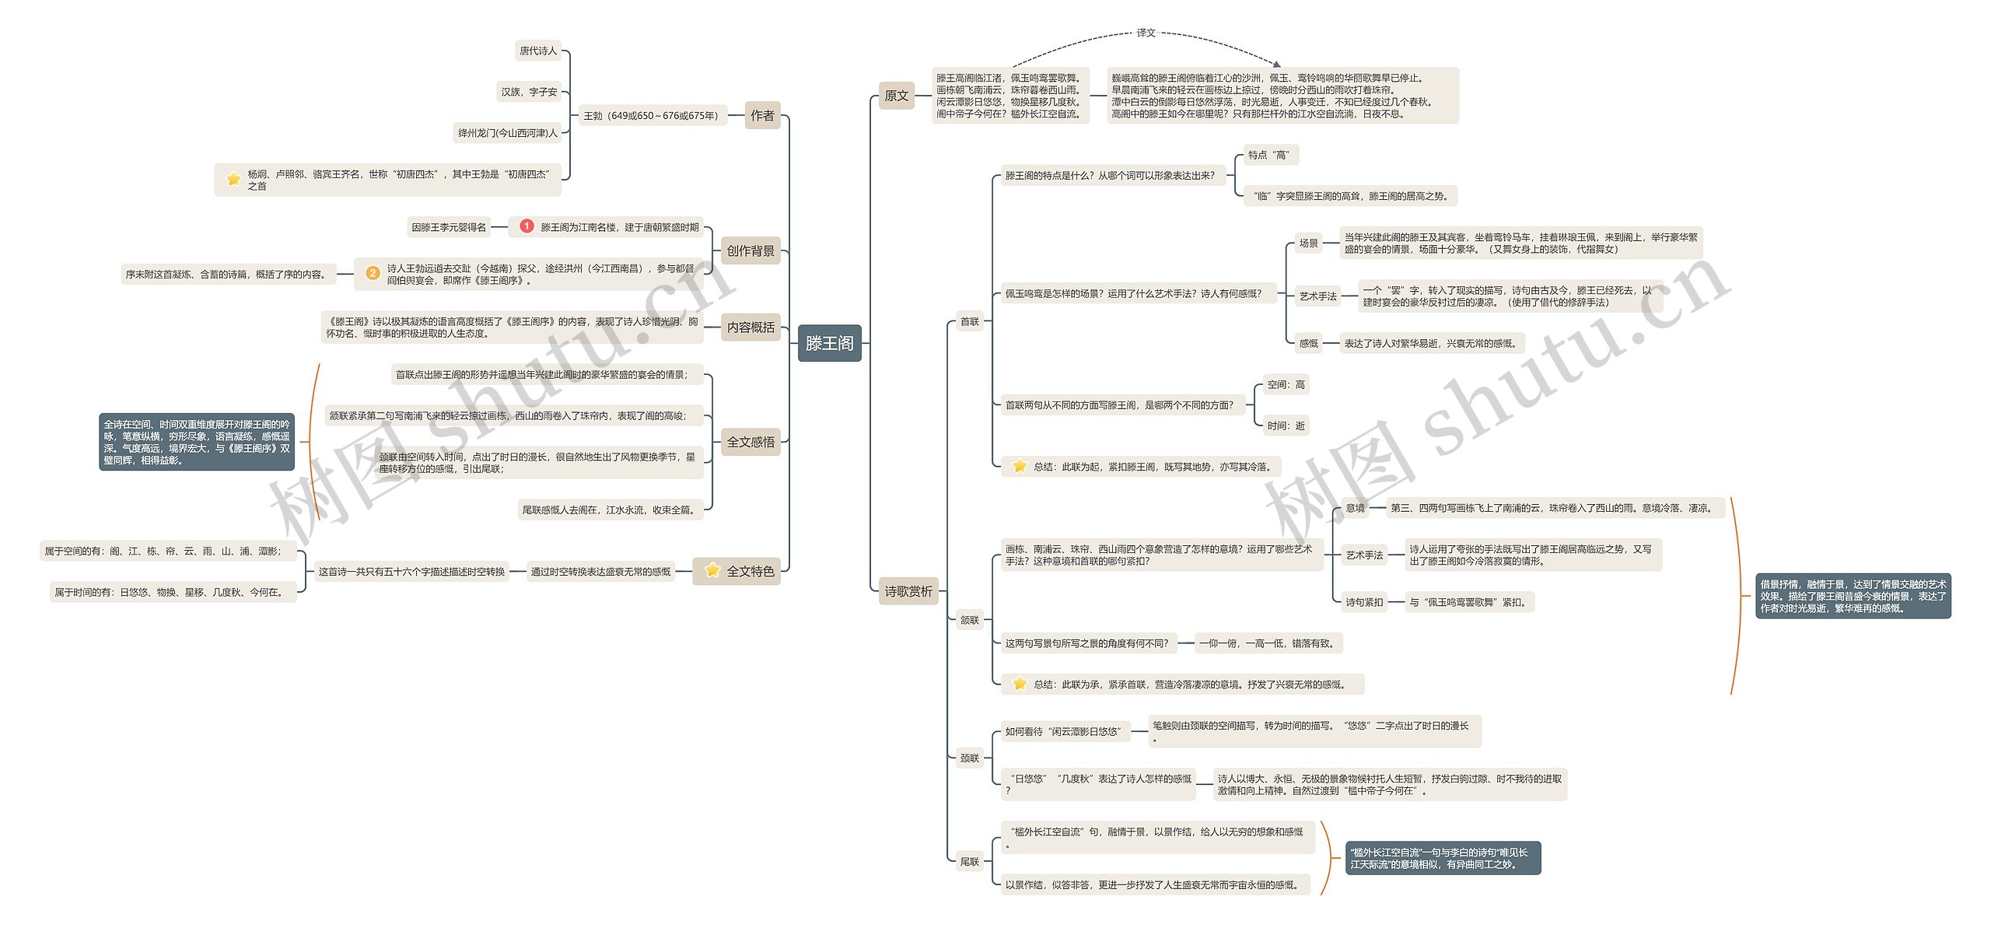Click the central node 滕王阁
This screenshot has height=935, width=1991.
(x=829, y=343)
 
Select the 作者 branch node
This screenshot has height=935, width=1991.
(x=762, y=116)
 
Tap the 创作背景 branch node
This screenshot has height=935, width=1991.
(x=751, y=250)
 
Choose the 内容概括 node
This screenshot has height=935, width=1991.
(x=751, y=327)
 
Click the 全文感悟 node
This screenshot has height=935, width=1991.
(x=751, y=442)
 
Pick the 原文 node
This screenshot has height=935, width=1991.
(x=896, y=96)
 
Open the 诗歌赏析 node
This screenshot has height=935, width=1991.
(x=908, y=591)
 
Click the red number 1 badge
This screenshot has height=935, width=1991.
(x=527, y=226)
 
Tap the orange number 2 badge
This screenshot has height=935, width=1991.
(x=373, y=273)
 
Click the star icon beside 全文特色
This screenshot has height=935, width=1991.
(x=712, y=570)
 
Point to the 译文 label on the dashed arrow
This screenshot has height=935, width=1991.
(x=1146, y=33)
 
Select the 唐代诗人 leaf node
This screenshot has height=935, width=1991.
(x=538, y=51)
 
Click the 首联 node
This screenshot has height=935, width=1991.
(x=969, y=321)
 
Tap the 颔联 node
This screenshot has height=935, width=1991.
(x=969, y=620)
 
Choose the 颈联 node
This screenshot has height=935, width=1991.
(x=969, y=758)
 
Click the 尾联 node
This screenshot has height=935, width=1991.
(x=969, y=861)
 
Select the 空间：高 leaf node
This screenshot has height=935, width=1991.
(x=1286, y=384)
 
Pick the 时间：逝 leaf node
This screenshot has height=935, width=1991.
(x=1286, y=425)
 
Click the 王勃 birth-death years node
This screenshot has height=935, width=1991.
(x=652, y=116)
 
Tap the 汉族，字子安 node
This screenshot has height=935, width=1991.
(x=529, y=92)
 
